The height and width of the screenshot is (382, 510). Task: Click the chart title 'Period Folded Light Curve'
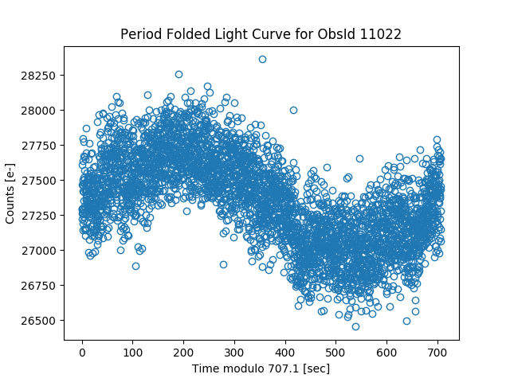click(x=218, y=34)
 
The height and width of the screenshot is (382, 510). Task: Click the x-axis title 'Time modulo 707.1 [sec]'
click(x=261, y=368)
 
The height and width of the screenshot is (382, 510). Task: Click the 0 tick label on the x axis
click(x=82, y=351)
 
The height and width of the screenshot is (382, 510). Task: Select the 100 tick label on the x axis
click(x=132, y=351)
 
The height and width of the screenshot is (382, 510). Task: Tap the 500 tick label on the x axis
click(x=335, y=351)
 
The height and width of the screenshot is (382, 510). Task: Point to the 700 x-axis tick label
click(x=437, y=351)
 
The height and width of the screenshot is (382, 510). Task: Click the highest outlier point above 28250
click(x=262, y=59)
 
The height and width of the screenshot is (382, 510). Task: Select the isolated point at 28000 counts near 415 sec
click(x=293, y=111)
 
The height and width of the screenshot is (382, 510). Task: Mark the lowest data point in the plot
click(x=355, y=326)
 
